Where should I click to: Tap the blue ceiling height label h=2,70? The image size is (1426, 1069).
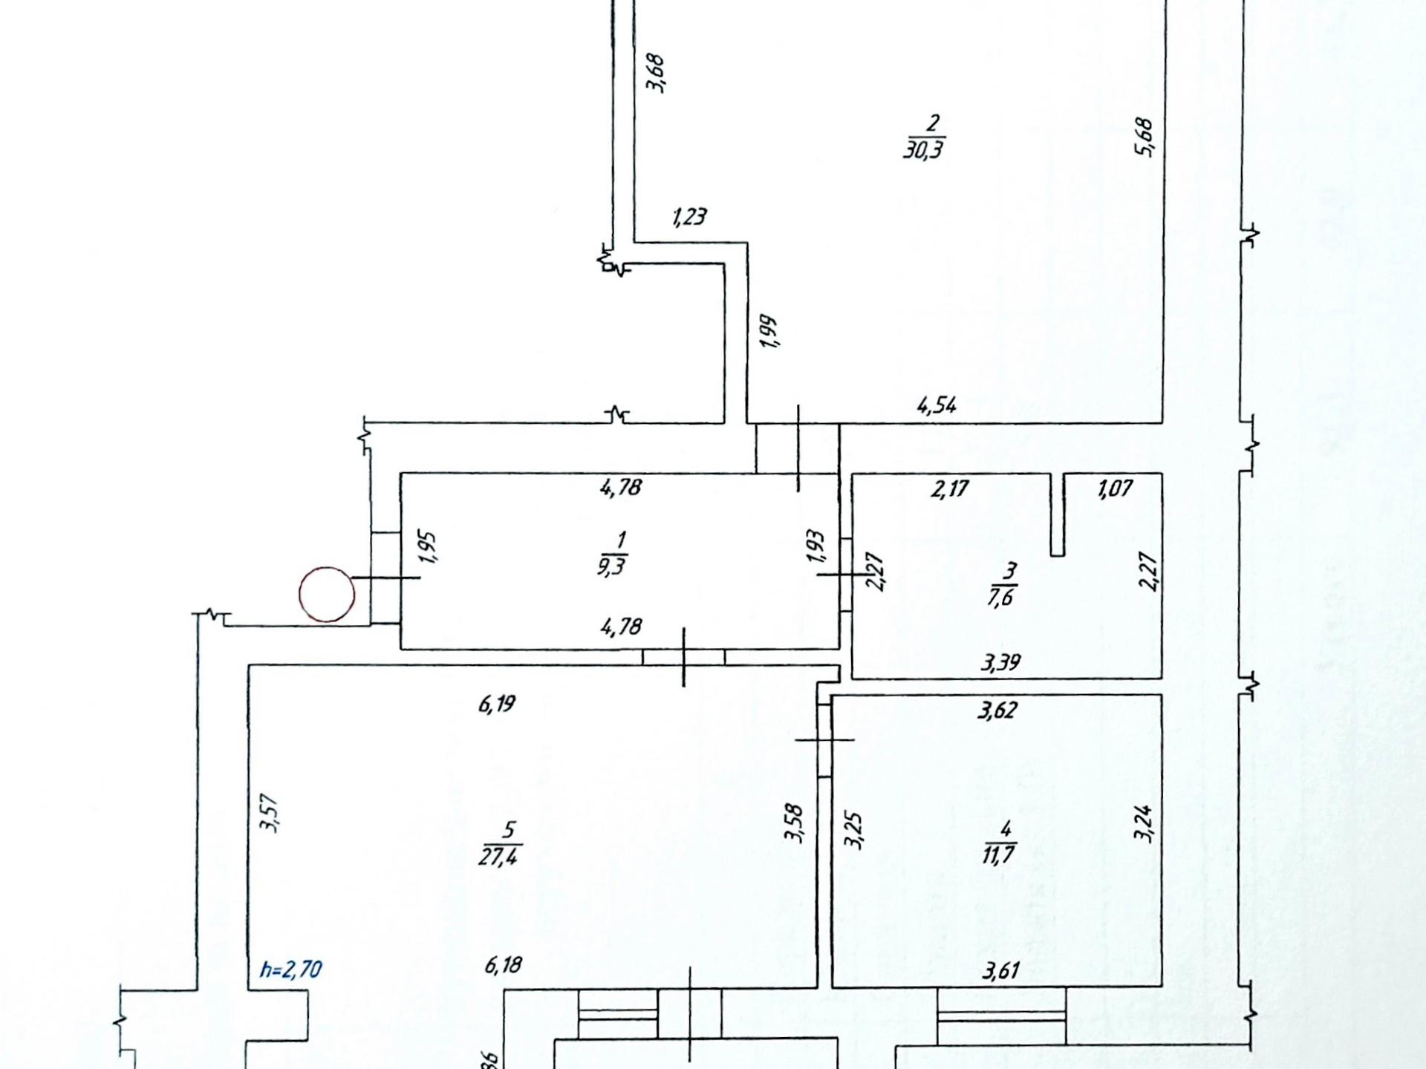(291, 970)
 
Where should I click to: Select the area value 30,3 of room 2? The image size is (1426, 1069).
(924, 149)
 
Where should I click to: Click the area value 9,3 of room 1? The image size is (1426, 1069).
(611, 566)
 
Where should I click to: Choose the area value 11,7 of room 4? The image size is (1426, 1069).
(999, 854)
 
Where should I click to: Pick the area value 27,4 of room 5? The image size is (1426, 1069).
(500, 855)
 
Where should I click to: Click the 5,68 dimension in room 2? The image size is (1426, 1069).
(1144, 137)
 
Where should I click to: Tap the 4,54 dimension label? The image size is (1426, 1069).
(937, 405)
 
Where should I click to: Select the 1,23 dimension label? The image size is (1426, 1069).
(689, 217)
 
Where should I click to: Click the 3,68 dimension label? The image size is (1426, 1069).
(656, 73)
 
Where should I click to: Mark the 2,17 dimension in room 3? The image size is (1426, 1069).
(949, 489)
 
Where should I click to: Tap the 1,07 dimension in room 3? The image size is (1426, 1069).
(1115, 489)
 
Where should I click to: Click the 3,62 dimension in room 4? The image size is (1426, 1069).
(997, 710)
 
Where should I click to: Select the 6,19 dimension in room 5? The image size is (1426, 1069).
(497, 703)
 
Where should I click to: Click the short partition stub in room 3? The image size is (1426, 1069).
(1058, 514)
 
